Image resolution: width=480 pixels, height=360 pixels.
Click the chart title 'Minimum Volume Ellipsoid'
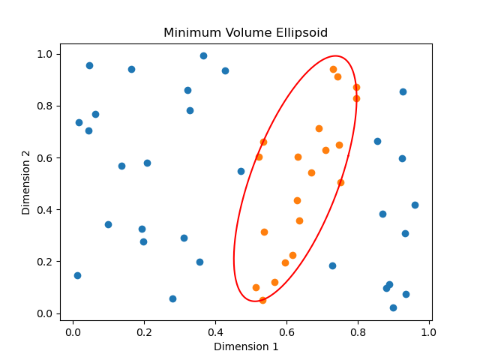pyautogui.click(x=245, y=33)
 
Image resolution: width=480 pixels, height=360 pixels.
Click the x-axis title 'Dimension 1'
pyautogui.click(x=245, y=346)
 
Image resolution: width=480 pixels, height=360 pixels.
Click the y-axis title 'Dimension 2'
pyautogui.click(x=26, y=182)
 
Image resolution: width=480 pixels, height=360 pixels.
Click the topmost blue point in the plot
pyautogui.click(x=203, y=55)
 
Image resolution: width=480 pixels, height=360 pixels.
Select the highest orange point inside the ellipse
pyautogui.click(x=333, y=69)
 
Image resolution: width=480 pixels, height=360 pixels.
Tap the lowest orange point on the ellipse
pyautogui.click(x=262, y=300)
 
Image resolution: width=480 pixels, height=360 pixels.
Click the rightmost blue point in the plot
pyautogui.click(x=415, y=205)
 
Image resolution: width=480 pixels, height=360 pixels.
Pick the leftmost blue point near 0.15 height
pyautogui.click(x=77, y=275)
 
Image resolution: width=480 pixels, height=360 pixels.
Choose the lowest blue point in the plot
pyautogui.click(x=393, y=307)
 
